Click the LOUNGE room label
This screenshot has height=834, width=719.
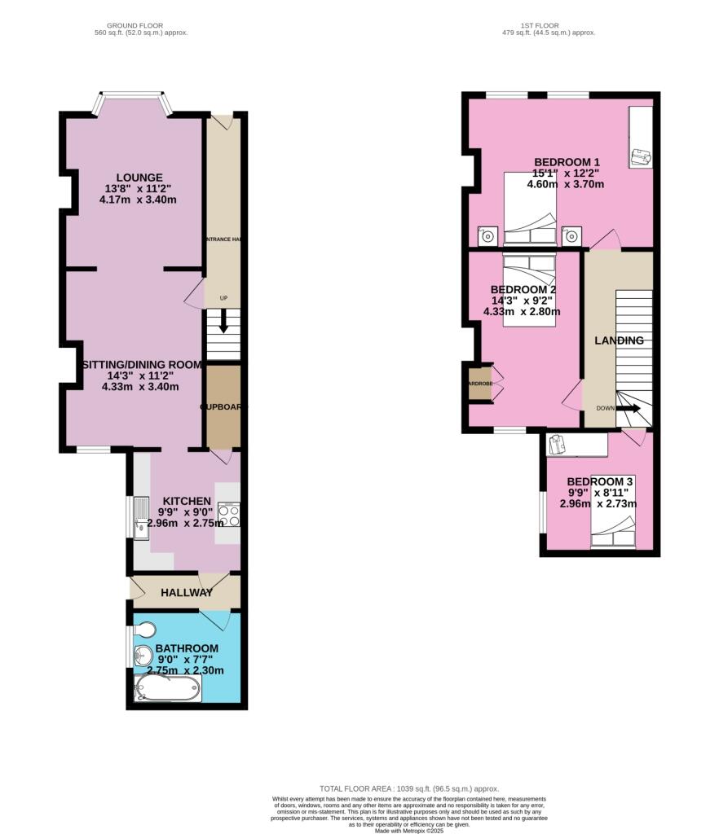pyautogui.click(x=139, y=178)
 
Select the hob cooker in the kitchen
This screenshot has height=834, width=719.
pyautogui.click(x=228, y=516)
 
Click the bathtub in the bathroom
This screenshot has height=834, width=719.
pyautogui.click(x=168, y=689)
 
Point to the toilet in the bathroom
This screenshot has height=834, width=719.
pyautogui.click(x=146, y=630)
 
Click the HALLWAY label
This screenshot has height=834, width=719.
pyautogui.click(x=187, y=592)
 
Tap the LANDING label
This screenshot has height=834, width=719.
pyautogui.click(x=619, y=340)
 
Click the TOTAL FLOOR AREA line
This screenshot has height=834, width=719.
pyautogui.click(x=408, y=788)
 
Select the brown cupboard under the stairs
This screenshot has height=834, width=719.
pyautogui.click(x=223, y=406)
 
